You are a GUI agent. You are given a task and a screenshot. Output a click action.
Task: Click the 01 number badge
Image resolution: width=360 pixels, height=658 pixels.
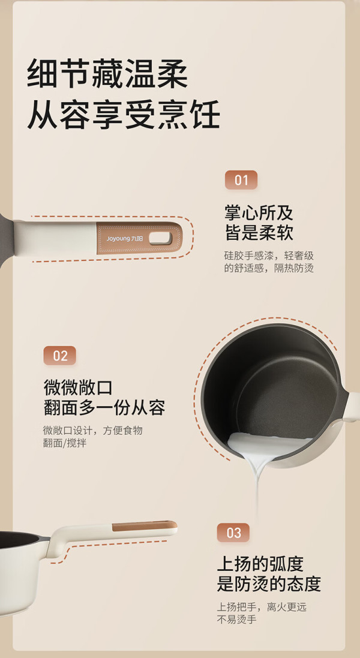click(241, 180)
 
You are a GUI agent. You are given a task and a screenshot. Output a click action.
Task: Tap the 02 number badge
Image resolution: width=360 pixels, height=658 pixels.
click(60, 356)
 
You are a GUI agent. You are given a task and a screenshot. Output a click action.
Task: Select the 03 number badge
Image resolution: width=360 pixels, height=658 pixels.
click(233, 533)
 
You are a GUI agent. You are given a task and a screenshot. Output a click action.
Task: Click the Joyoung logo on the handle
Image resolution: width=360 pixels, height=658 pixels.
click(125, 238)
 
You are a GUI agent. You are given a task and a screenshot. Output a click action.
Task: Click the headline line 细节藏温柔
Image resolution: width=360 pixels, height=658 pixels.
click(107, 73)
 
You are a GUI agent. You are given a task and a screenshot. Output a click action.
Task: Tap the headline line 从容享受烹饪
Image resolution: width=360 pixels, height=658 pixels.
click(124, 114)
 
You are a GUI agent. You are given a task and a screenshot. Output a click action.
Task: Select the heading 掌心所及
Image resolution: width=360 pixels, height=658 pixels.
click(259, 214)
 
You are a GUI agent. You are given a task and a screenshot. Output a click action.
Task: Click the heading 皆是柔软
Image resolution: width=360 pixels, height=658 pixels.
click(259, 233)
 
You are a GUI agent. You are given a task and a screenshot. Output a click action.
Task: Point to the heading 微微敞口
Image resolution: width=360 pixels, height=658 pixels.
click(78, 387)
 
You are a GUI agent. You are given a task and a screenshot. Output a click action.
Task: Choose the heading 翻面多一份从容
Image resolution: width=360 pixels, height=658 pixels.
click(104, 407)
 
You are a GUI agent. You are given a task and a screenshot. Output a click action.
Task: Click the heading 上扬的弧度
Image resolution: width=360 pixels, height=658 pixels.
click(260, 564)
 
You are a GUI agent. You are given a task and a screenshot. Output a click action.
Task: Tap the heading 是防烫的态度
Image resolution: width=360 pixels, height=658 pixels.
click(269, 584)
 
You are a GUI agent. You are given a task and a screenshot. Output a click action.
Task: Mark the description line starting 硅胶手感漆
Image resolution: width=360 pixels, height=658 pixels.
click(269, 256)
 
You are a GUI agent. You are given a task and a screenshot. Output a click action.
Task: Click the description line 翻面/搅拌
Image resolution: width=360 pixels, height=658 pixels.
click(65, 443)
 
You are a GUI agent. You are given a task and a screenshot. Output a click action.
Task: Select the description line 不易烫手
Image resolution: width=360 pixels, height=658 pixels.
click(236, 619)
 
